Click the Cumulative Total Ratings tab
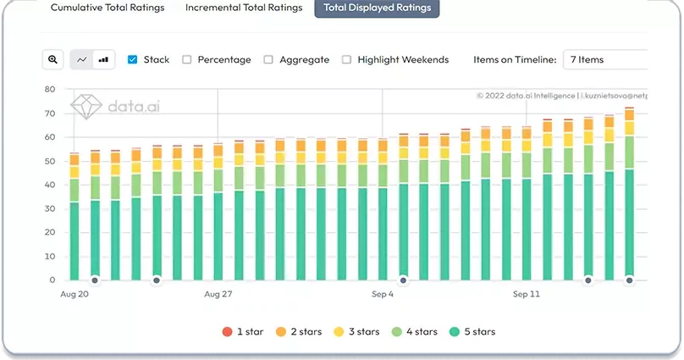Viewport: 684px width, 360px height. [x=108, y=8]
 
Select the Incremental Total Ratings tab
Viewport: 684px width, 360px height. [x=244, y=8]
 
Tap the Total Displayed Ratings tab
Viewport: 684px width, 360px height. [x=377, y=8]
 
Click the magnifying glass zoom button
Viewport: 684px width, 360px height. [x=52, y=59]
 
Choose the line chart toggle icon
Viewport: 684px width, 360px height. [x=81, y=59]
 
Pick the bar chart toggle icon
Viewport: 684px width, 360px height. [x=104, y=59]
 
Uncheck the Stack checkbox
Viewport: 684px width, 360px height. [x=133, y=59]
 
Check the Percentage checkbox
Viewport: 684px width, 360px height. [x=187, y=59]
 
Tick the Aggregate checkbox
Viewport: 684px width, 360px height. [x=268, y=59]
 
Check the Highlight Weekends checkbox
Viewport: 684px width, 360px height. [x=346, y=59]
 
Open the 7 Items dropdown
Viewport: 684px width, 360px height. [x=605, y=59]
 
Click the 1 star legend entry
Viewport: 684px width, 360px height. [x=243, y=332]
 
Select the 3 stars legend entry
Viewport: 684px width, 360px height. [x=356, y=332]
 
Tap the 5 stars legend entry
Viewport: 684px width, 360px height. [x=472, y=332]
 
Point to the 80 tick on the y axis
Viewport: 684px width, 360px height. [x=50, y=90]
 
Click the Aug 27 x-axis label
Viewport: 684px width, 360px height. [x=218, y=294]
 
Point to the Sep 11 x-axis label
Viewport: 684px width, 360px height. [x=526, y=294]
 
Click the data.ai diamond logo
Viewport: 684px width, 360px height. [x=86, y=107]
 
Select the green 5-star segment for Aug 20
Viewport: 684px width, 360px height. [x=74, y=241]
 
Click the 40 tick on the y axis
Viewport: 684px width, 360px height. [x=50, y=185]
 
